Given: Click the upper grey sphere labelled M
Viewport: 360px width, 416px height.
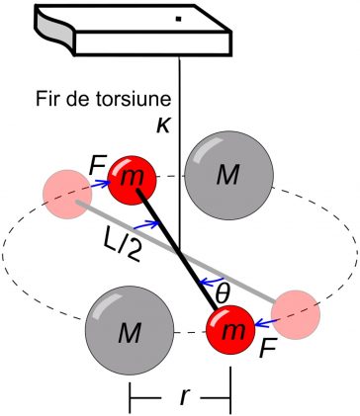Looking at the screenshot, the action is click(228, 175).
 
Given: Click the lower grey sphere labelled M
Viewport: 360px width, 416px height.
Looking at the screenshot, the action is click(130, 330).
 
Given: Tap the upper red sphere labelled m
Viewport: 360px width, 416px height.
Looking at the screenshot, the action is click(132, 180).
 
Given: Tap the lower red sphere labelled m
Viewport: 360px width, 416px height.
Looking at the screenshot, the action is click(230, 330).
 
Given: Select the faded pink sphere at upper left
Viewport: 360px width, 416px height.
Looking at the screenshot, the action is click(67, 195).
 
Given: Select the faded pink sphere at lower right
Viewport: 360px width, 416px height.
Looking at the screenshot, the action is click(296, 314).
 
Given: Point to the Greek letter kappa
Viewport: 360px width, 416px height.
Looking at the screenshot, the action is click(163, 126).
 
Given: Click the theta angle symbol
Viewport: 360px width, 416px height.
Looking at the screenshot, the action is click(222, 293).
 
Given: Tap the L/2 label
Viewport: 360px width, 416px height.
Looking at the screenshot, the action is click(121, 245).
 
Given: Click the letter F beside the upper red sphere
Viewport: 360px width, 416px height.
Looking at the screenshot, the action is click(98, 167).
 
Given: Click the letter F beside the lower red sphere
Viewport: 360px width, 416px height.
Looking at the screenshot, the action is click(267, 349).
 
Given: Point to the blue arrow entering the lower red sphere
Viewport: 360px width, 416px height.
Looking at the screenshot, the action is click(267, 322).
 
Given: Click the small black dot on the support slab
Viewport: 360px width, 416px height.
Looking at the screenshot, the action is click(178, 19).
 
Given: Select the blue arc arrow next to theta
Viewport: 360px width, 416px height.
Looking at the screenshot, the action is click(212, 281).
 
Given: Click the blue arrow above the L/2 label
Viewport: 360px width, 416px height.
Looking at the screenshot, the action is click(146, 225).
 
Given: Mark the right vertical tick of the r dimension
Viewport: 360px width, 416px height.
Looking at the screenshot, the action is click(230, 390).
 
